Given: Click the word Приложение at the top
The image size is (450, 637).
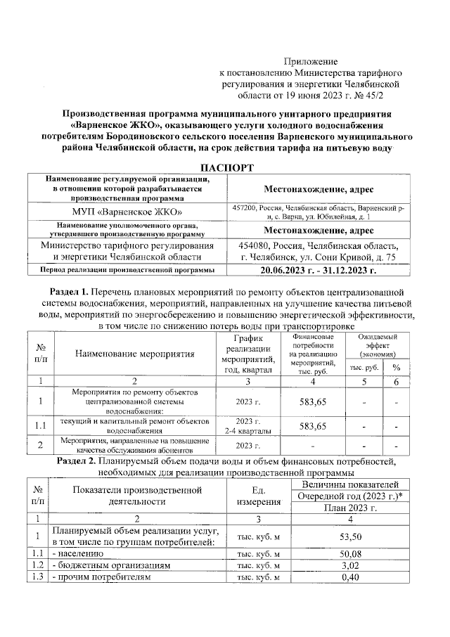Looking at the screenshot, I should [311, 62].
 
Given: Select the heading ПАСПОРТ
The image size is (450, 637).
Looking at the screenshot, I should [225, 167].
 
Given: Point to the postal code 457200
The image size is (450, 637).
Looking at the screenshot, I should [245, 207].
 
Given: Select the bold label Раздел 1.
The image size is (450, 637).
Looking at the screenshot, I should [73, 290].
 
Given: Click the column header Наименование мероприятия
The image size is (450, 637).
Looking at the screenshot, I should [134, 354].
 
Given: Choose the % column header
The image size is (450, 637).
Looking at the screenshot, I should [397, 368].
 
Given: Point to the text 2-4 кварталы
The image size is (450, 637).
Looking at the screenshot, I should [243, 430].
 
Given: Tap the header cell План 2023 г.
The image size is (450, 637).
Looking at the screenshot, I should [350, 508].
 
